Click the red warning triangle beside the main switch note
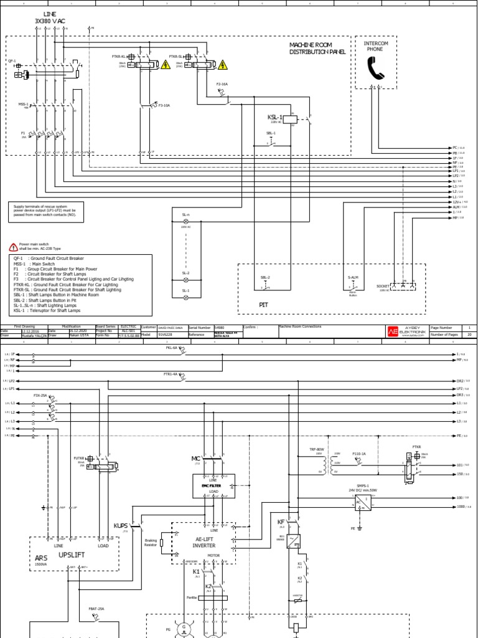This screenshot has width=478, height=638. coord(14,247)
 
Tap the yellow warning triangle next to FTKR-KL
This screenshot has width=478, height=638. coord(165,64)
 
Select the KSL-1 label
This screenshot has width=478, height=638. coord(274,117)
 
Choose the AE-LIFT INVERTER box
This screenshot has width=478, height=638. coord(204,541)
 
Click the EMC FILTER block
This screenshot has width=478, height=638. coord(214,485)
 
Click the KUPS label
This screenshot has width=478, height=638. coord(120,526)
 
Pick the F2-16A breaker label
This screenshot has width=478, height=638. coord(222,83)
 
